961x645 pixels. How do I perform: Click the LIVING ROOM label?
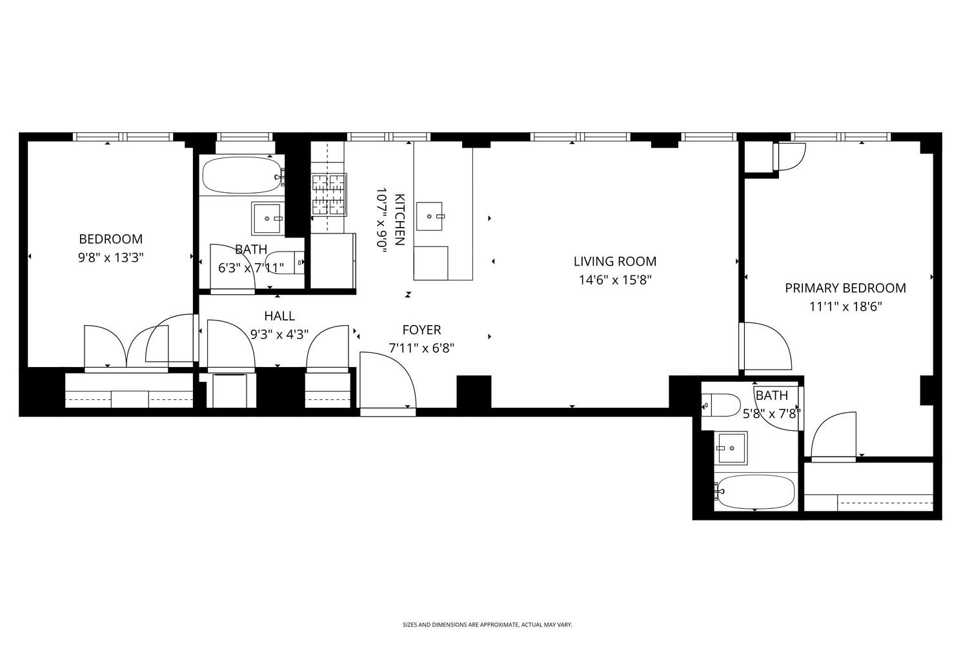[614, 261]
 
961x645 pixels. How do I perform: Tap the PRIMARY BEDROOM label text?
[845, 288]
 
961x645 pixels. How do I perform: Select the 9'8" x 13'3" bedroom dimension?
[110, 257]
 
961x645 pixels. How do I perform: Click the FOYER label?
[421, 330]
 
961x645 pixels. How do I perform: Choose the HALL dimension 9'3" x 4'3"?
[279, 334]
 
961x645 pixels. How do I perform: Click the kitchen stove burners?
[329, 193]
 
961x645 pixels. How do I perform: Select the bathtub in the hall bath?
[240, 175]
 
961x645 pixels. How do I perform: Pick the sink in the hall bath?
[267, 219]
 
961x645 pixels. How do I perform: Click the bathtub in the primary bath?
[754, 492]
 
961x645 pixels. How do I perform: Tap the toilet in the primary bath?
[722, 405]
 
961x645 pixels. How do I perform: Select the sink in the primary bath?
[731, 448]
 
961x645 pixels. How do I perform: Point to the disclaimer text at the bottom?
[487, 624]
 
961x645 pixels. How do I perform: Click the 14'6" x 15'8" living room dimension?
[614, 280]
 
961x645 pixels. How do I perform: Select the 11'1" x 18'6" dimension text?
[845, 307]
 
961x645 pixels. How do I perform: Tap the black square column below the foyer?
[474, 392]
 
